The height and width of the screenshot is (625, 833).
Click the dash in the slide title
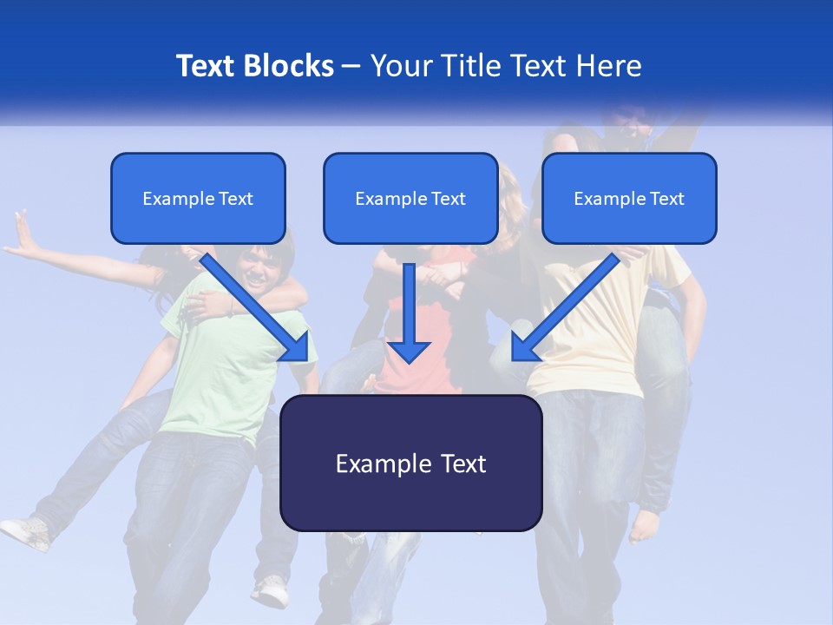coord(351,66)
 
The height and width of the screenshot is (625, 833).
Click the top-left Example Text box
coord(198,198)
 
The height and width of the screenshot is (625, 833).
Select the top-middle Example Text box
coord(410,198)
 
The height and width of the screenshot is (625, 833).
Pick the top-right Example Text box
coord(629,198)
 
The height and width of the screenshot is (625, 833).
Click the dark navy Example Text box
coord(410,463)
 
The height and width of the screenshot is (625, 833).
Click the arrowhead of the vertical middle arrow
coord(409,351)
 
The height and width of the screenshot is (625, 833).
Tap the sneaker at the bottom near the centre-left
coord(273,591)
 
